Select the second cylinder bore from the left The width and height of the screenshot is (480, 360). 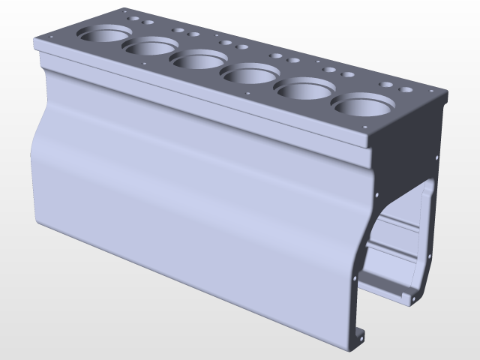[149, 47]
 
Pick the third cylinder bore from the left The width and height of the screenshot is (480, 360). [196, 60]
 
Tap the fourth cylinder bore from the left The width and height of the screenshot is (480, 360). [250, 73]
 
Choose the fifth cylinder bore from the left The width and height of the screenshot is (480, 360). [305, 89]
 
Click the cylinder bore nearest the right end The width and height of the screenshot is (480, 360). [363, 106]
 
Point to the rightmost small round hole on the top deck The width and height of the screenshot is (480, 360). [407, 90]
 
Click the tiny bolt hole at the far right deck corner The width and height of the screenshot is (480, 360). [433, 88]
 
